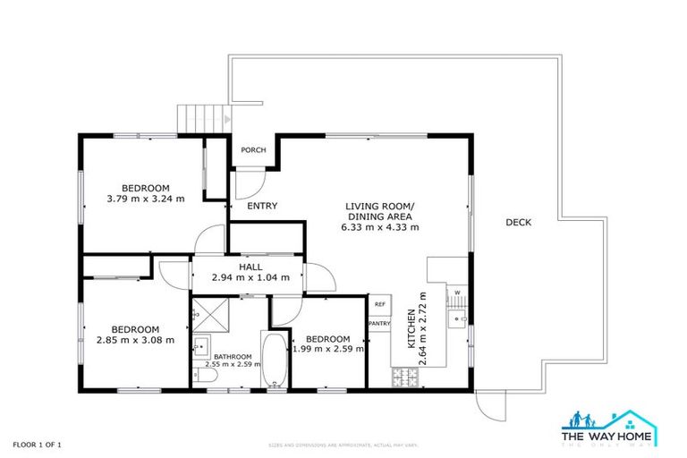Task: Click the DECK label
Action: pyautogui.click(x=518, y=223)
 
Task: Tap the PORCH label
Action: pyautogui.click(x=253, y=150)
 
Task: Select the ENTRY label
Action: pyautogui.click(x=261, y=206)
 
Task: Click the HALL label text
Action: pyautogui.click(x=250, y=267)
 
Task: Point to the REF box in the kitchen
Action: pyautogui.click(x=379, y=305)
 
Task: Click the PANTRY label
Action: pyautogui.click(x=379, y=324)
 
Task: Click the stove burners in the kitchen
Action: pyautogui.click(x=404, y=377)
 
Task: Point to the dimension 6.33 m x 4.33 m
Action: pyautogui.click(x=379, y=227)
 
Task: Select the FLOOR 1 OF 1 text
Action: pyautogui.click(x=37, y=444)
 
